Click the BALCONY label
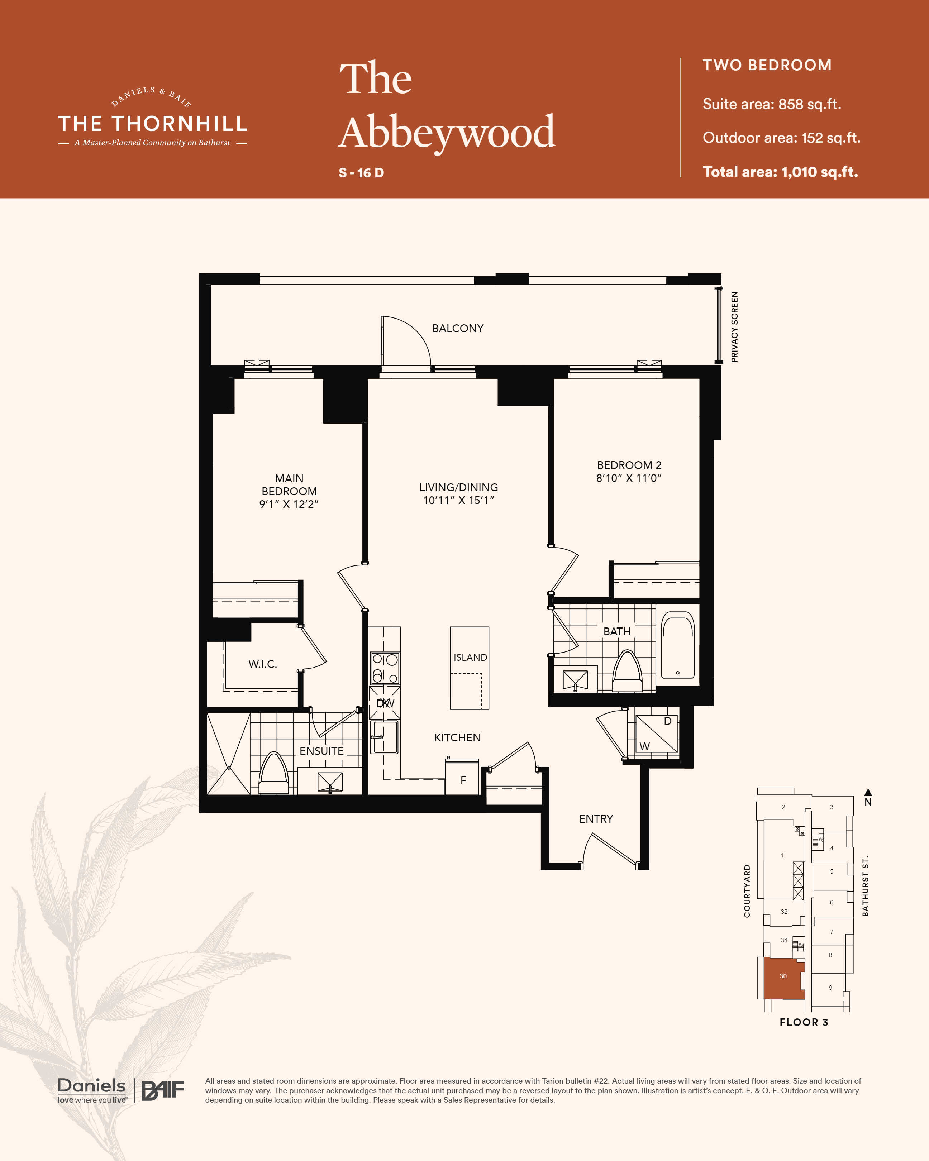458,329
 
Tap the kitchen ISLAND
470,668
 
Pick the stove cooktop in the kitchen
385,668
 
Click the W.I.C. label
263,664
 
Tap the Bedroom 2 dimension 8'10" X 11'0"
629,478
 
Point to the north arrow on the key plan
868,792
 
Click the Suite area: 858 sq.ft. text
772,104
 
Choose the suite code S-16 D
361,173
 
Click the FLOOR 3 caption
804,1022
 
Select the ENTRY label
596,819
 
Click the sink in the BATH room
575,680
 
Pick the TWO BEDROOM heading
767,65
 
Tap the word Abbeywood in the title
447,133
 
